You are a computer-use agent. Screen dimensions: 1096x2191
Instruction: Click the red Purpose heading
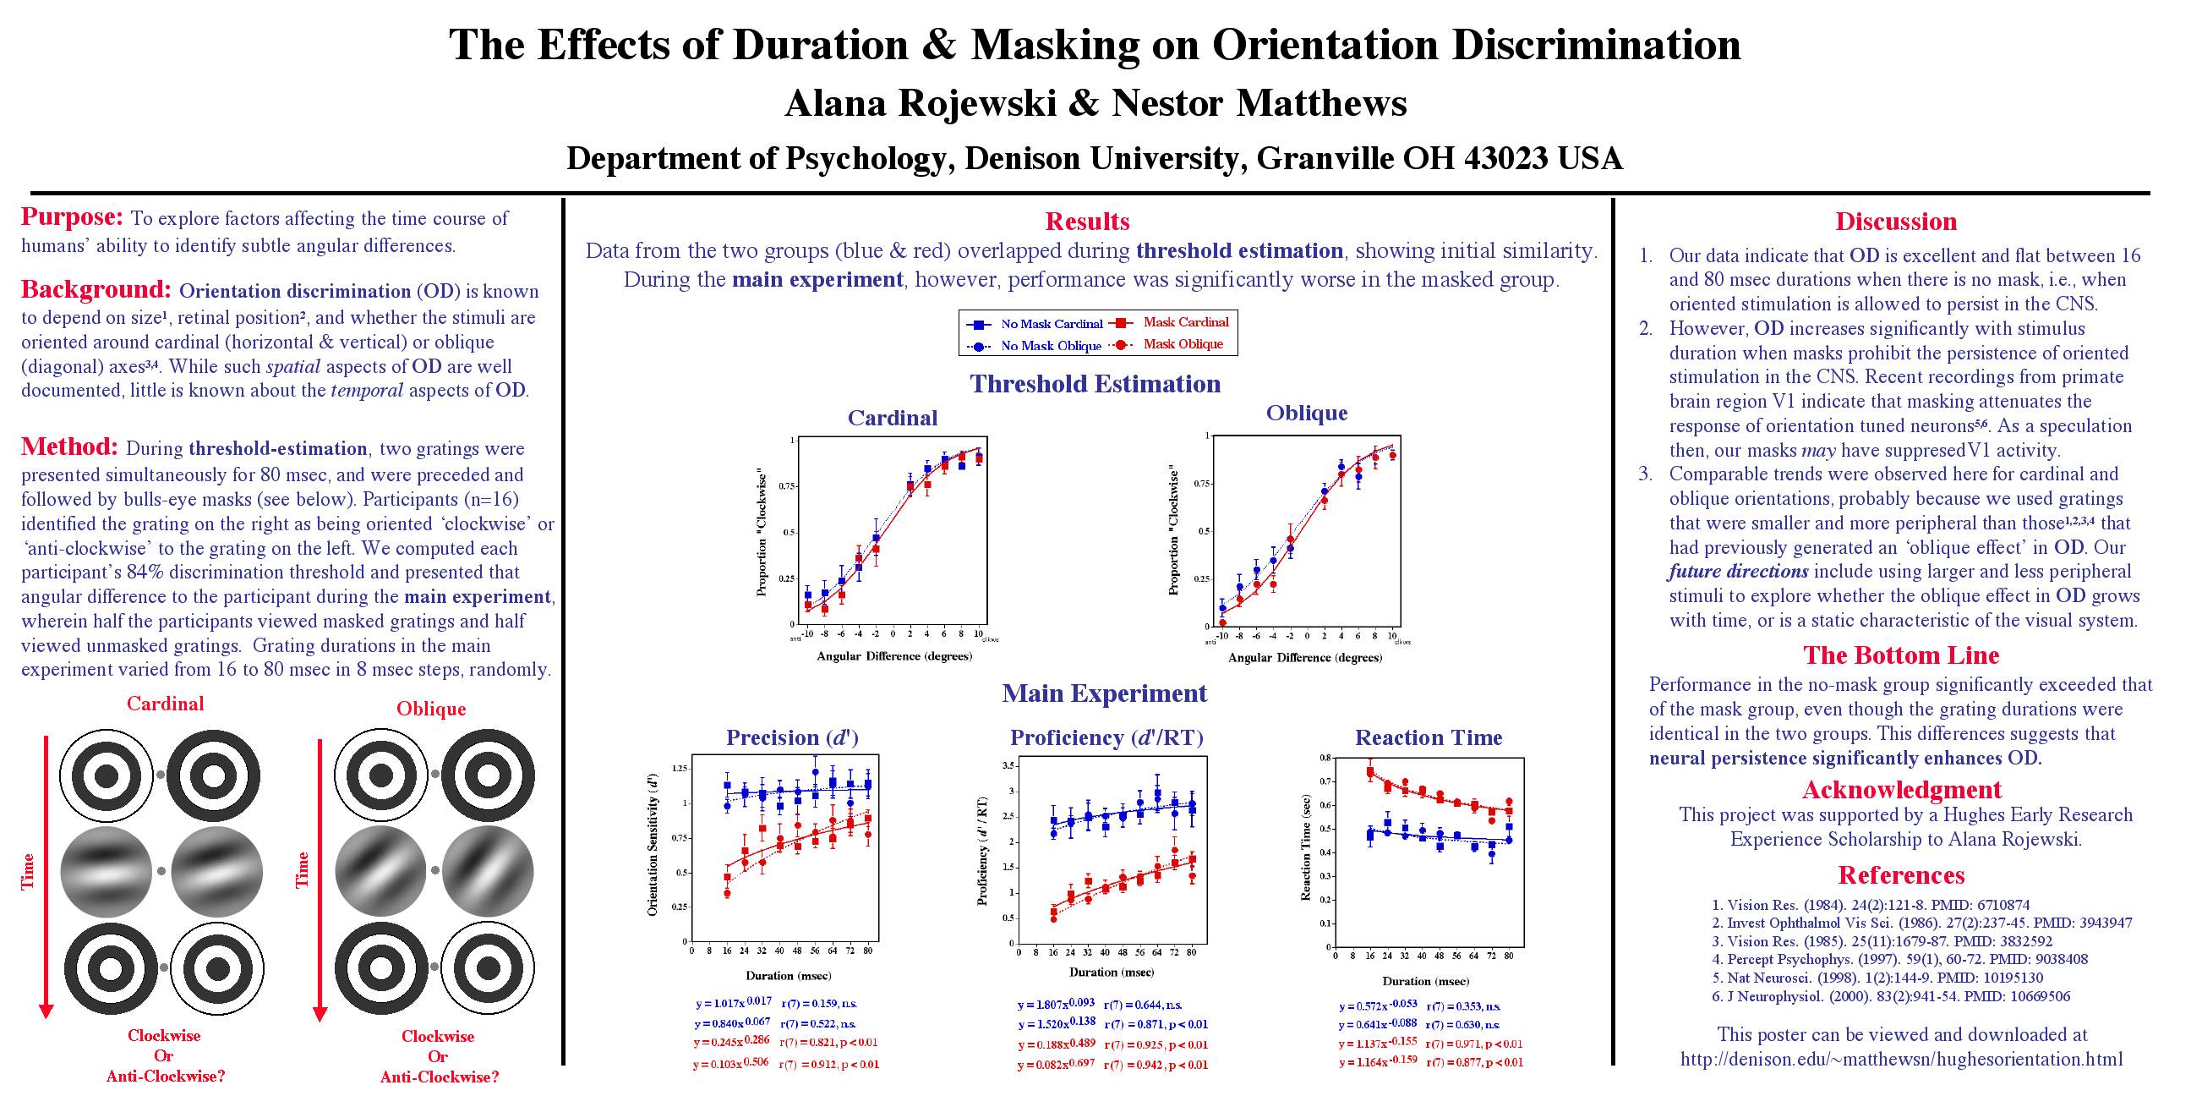73,217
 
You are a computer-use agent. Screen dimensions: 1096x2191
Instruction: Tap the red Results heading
1087,222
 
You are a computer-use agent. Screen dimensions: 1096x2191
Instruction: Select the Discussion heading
1896,222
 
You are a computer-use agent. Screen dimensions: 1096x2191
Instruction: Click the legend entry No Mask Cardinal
1051,324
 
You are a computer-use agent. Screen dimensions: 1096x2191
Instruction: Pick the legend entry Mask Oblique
1183,345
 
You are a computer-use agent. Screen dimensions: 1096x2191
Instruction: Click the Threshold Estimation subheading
1095,384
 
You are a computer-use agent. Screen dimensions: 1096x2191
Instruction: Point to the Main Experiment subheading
1104,693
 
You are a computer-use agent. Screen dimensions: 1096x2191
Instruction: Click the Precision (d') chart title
792,737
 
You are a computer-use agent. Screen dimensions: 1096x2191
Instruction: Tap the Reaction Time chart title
1428,737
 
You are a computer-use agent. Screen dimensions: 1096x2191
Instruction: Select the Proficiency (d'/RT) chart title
1106,737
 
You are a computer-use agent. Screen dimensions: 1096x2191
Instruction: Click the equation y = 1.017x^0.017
733,1003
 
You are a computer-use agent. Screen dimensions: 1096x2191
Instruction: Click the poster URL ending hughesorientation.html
1901,1060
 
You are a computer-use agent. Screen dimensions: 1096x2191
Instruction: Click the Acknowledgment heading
1901,790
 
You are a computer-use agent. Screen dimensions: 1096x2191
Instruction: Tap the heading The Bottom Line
1901,655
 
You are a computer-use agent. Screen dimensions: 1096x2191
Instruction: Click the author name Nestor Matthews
1259,103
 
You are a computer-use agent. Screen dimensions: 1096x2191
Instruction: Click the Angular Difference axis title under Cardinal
894,656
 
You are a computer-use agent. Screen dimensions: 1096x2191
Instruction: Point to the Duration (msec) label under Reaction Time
1425,981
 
